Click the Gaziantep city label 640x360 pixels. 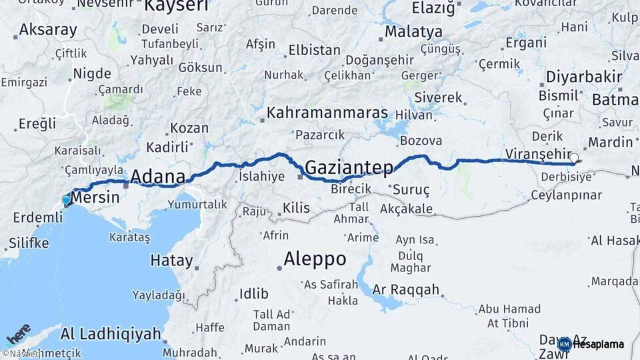349,167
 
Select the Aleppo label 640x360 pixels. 315,259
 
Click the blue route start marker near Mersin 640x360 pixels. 66,200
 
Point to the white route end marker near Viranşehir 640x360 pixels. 574,158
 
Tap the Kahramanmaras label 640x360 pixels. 327,113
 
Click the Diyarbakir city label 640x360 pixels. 583,77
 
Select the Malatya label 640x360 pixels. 413,32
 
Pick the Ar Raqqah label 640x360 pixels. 406,290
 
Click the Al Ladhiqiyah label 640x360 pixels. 111,333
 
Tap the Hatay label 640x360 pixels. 171,261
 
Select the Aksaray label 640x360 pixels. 48,30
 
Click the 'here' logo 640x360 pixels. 18,333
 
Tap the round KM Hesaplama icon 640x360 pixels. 565,345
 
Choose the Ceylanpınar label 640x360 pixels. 566,196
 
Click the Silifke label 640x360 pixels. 29,243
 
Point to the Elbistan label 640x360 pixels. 314,51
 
